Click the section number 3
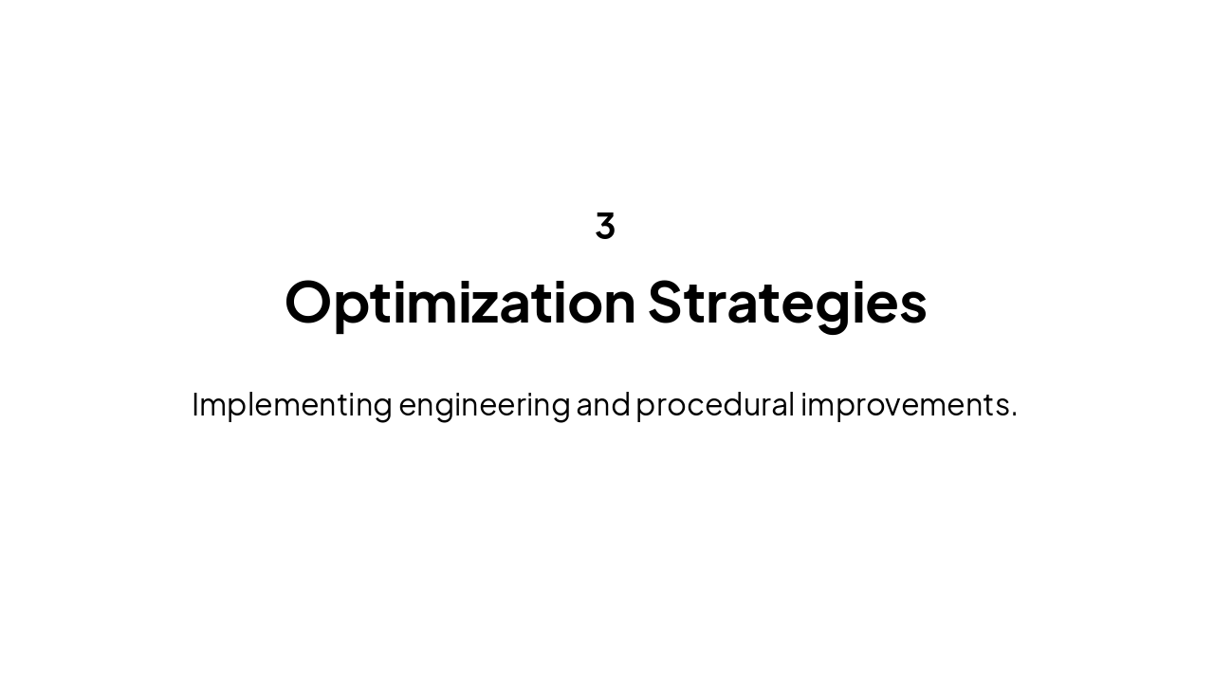[x=605, y=226]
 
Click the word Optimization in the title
[x=460, y=303]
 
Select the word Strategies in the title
[x=787, y=303]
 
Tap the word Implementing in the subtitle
[x=291, y=405]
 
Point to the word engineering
[x=484, y=405]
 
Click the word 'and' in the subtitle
[x=603, y=405]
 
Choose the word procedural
[x=715, y=405]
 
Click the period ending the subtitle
[x=1014, y=415]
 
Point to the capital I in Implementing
[x=195, y=405]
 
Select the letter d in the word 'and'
[x=621, y=405]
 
